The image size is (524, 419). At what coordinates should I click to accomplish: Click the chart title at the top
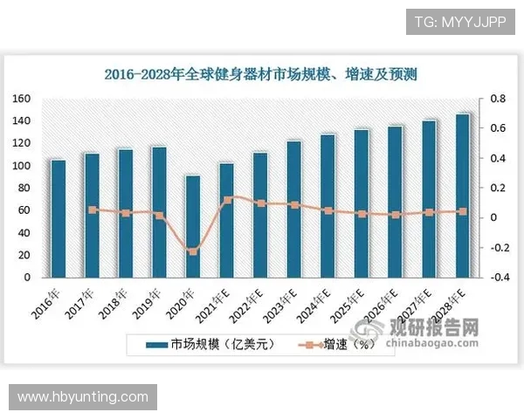[x=260, y=75]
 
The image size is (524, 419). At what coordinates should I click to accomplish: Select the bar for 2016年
[x=59, y=218]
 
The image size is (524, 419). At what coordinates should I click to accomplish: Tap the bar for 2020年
[x=193, y=226]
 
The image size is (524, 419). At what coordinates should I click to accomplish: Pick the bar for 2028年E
[x=463, y=196]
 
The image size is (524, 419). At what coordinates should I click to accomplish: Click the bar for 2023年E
[x=294, y=209]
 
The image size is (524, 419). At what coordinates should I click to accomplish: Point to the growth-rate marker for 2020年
[x=193, y=251]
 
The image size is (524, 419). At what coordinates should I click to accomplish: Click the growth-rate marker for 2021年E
[x=227, y=199]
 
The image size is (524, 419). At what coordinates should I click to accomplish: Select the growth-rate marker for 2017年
[x=93, y=209]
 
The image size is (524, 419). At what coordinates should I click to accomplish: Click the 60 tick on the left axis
[x=24, y=210]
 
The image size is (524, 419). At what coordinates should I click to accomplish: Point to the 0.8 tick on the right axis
[x=496, y=99]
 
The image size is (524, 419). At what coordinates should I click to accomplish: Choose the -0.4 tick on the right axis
[x=496, y=278]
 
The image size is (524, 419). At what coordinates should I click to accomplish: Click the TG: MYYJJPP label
[x=458, y=21]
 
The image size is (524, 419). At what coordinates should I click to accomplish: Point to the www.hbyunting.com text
[x=83, y=397]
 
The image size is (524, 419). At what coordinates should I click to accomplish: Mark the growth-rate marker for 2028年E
[x=463, y=211]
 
